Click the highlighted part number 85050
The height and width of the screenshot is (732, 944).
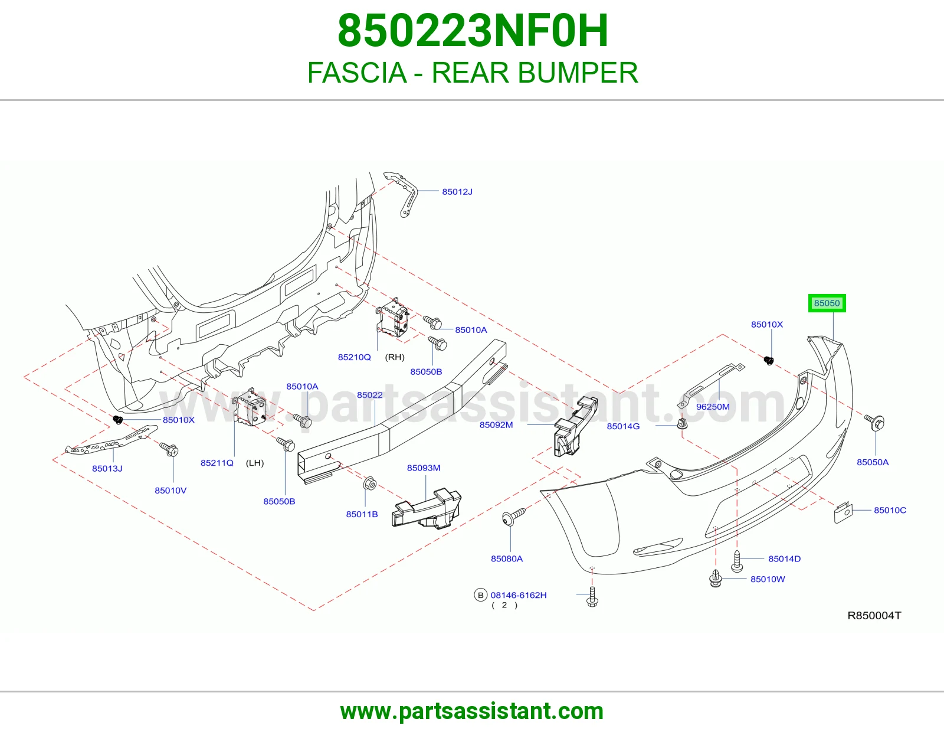(827, 303)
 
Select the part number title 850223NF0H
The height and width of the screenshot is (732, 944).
(473, 31)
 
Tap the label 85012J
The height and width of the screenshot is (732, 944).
(457, 192)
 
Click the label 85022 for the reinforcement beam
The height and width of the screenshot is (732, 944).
(370, 395)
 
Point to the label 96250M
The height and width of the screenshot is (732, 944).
(713, 407)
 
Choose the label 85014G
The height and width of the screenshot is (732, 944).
(623, 426)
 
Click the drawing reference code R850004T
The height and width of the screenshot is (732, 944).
(874, 616)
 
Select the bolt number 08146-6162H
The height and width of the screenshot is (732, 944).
(518, 595)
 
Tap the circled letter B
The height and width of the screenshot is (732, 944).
(480, 595)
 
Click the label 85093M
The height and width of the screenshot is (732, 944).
(424, 468)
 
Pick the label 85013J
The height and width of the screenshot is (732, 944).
(107, 468)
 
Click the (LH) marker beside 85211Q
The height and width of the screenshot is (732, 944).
(255, 463)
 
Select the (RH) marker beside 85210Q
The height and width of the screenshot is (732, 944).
(395, 357)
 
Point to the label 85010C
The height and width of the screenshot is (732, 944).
(890, 510)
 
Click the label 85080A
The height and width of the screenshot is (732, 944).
(507, 558)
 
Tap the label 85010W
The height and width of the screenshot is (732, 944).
(768, 579)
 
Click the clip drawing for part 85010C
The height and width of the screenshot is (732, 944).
(843, 512)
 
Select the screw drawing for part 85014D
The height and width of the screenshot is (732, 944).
(737, 561)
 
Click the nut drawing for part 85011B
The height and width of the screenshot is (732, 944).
(369, 483)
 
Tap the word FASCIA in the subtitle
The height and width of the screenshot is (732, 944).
(357, 73)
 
